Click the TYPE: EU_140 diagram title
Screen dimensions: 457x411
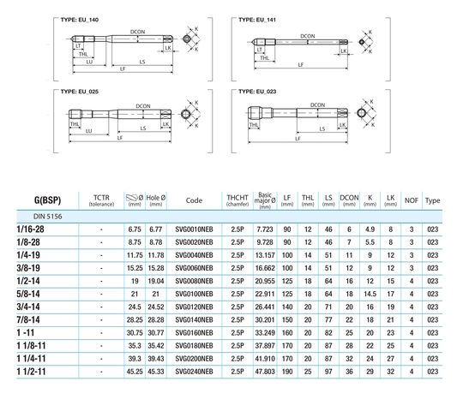point(80,20)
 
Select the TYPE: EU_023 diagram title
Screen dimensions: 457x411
point(257,92)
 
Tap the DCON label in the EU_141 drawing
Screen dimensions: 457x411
point(308,36)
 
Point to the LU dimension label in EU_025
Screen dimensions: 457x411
point(89,131)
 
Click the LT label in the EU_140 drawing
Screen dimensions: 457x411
point(78,46)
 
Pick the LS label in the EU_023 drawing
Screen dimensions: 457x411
point(322,128)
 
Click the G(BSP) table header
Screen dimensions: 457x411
point(47,200)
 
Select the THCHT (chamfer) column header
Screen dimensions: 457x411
point(238,200)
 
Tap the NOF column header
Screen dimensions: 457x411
point(412,200)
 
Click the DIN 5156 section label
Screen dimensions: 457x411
point(47,217)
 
